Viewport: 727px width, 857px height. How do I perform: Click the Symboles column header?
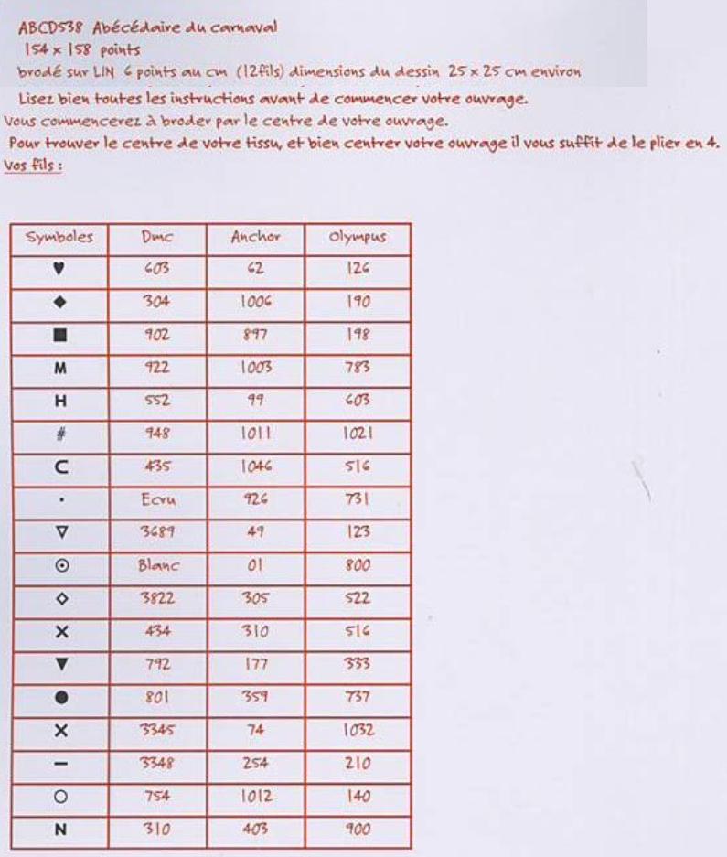pos(59,237)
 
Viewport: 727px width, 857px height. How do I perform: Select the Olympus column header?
pos(358,237)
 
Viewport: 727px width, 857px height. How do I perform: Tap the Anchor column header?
pos(255,237)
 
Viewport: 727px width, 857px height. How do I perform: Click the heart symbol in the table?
pos(59,269)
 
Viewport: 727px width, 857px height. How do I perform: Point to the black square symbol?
pos(59,335)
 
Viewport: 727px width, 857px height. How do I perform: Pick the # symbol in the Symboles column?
pos(59,434)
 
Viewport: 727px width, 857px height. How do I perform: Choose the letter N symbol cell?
pos(59,830)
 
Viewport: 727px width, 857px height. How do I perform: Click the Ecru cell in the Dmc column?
pos(157,499)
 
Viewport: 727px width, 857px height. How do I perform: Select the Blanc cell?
pos(157,565)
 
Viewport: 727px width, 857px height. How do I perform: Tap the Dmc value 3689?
pos(157,532)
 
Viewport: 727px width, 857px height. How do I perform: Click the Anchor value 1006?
pos(255,302)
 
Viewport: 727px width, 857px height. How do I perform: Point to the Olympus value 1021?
pos(358,434)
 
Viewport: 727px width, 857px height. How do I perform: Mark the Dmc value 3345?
pos(157,731)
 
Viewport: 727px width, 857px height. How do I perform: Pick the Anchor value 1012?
pos(255,797)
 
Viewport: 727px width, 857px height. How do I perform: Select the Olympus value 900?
pos(358,830)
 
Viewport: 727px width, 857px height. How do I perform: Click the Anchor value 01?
pos(255,565)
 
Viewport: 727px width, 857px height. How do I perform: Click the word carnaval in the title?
pos(241,27)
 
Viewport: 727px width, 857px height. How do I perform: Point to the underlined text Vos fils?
pos(33,166)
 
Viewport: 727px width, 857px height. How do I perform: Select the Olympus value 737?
pos(358,697)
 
